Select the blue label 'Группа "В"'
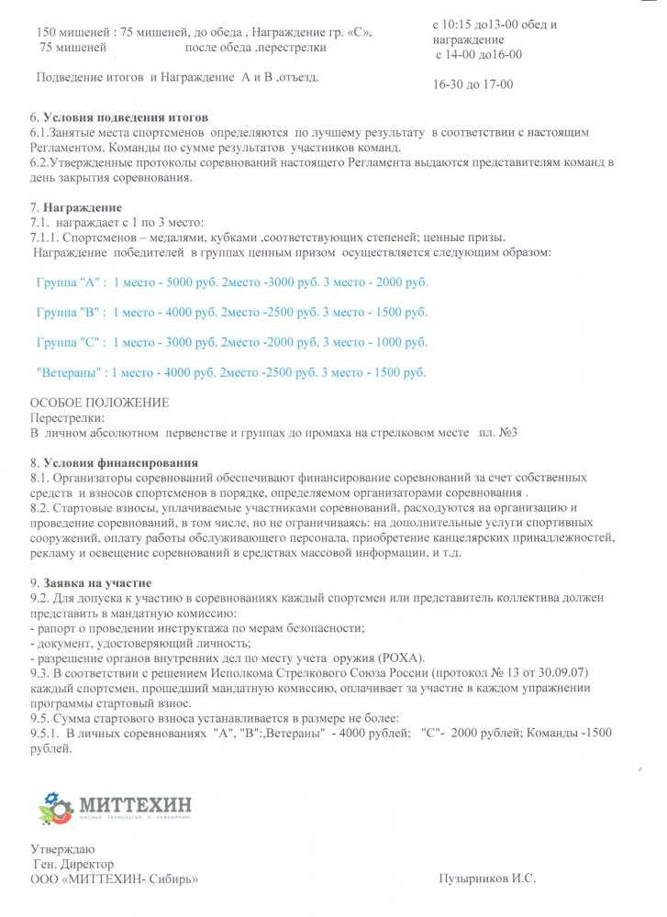click(x=68, y=313)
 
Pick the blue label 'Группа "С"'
click(x=68, y=342)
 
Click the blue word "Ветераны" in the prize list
click(x=69, y=372)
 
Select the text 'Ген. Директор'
click(x=73, y=864)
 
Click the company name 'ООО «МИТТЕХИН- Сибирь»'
click(x=115, y=878)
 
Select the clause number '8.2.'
click(x=41, y=507)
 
